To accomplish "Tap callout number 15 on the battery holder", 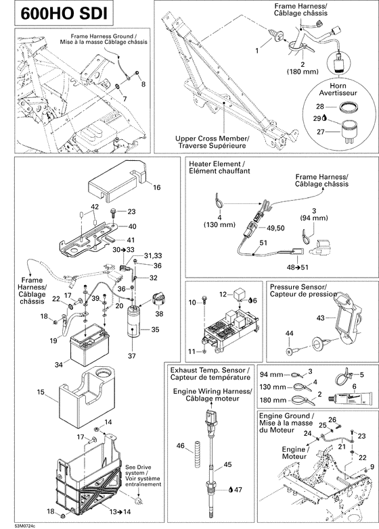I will point(40,391).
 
